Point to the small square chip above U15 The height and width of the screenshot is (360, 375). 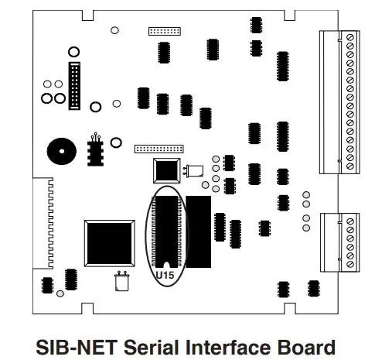(x=167, y=170)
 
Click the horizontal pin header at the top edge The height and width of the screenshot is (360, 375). (x=165, y=31)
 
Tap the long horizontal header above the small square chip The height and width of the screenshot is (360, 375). (x=159, y=146)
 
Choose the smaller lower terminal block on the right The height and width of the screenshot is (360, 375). (x=340, y=239)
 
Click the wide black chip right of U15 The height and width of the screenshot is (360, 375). (x=199, y=231)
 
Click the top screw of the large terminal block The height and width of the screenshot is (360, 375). (x=353, y=37)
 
